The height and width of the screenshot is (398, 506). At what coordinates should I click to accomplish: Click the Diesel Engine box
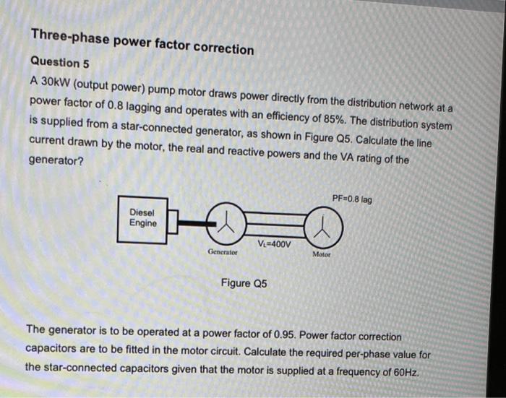[x=142, y=217]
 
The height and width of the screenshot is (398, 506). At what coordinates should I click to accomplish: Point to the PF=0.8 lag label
[x=352, y=198]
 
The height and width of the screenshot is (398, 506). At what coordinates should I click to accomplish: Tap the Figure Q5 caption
[x=244, y=284]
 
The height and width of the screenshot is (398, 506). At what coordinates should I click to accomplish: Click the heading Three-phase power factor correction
[x=142, y=43]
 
